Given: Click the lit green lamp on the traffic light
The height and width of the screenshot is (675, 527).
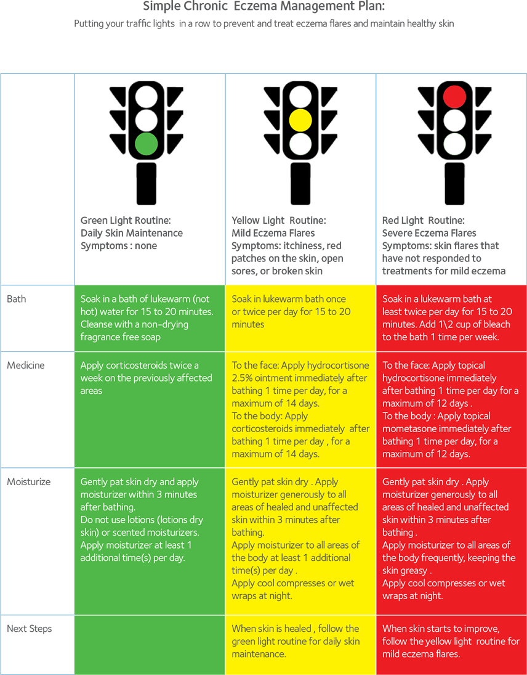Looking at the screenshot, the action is point(147,144).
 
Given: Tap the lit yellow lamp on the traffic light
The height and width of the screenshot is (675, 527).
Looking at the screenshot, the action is point(301,120).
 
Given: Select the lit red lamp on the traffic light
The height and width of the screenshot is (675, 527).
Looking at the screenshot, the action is point(455,96).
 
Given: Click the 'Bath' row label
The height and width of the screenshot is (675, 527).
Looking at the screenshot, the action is point(17,299).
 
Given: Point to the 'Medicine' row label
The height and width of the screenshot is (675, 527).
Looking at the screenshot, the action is point(26,365).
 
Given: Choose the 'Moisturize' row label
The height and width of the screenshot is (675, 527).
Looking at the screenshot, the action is point(29,481).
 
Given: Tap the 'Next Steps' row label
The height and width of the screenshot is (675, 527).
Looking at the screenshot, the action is point(29,629).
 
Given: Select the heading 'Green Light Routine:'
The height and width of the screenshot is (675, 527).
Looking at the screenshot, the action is point(126,221).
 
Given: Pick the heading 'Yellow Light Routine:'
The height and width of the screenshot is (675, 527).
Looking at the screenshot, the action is point(278,221).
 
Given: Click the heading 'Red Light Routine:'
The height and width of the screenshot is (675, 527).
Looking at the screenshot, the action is point(424,221).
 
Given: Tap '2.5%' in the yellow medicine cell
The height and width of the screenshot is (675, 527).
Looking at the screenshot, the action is point(242,378).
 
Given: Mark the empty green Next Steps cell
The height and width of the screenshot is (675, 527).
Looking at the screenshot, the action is point(150,644).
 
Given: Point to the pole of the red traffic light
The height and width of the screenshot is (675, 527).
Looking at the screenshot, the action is point(455,184).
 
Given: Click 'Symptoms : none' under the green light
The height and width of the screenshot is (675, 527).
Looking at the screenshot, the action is point(119,246).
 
